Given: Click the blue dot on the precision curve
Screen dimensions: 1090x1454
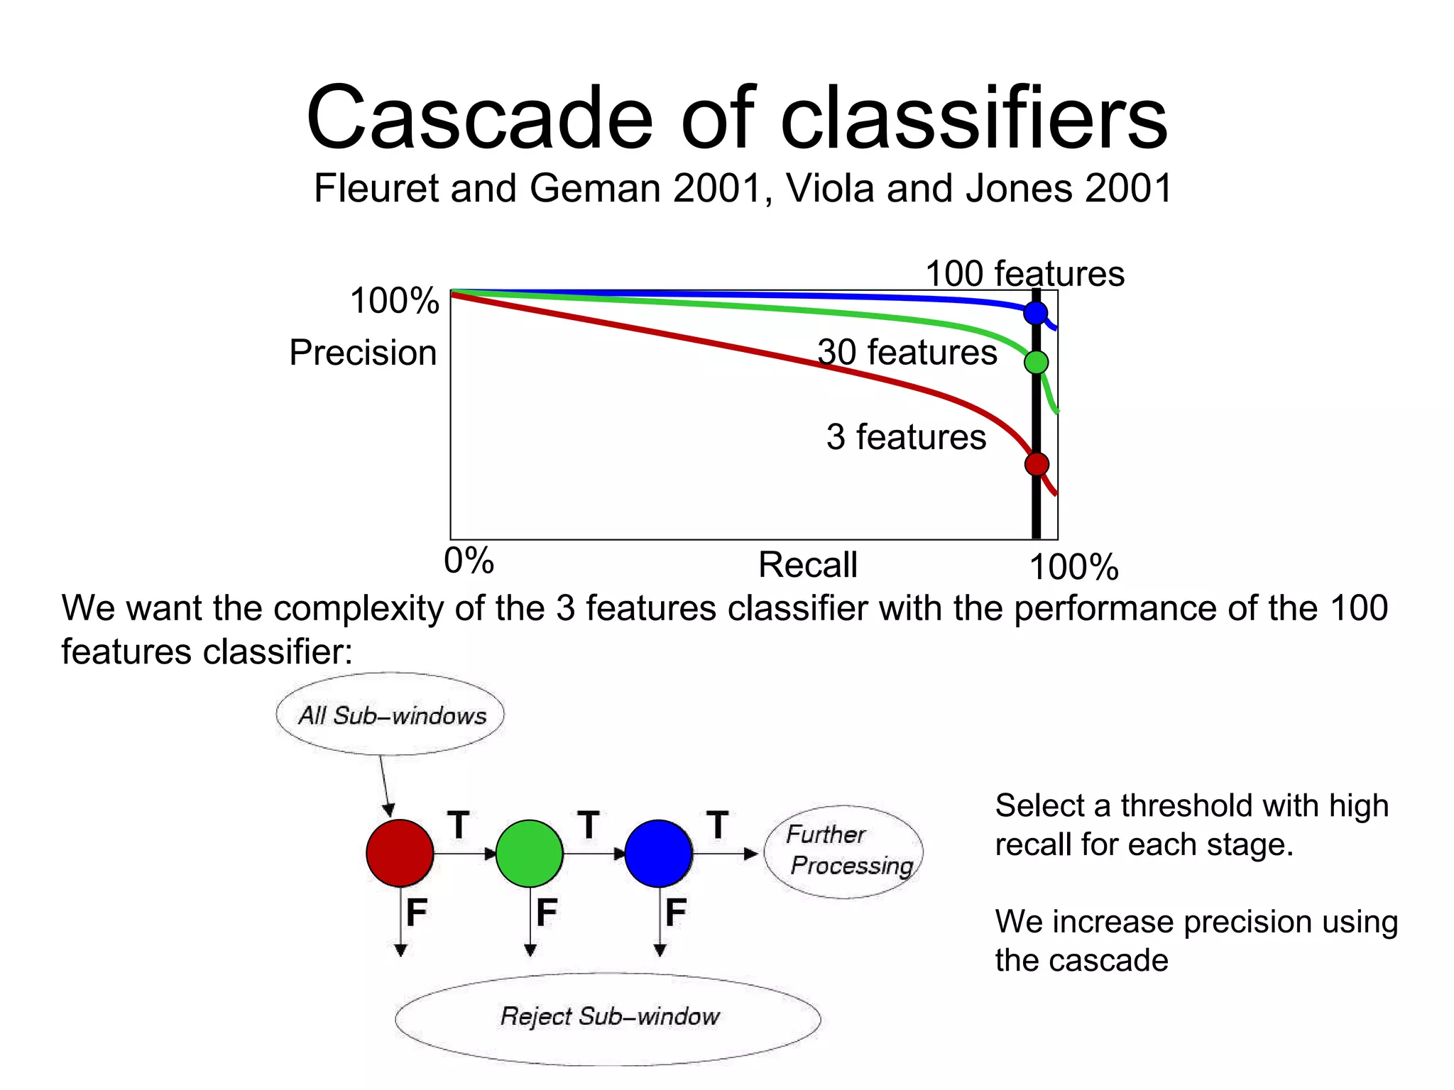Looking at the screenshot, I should pos(1036,312).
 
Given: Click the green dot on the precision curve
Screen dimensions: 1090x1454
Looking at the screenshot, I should pos(1037,363).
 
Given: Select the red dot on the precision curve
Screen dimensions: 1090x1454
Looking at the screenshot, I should pos(1037,464).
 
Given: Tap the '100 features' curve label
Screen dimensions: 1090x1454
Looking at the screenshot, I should pos(1024,274).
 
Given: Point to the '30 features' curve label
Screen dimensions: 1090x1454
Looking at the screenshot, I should pos(907,352).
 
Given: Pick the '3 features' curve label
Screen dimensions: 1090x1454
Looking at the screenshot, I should pos(906,436).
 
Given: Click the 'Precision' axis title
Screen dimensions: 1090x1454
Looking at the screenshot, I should pos(363,353).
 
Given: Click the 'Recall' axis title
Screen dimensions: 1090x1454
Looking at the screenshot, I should pos(808,565).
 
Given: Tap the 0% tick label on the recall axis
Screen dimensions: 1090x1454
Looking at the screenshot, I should pos(469,561).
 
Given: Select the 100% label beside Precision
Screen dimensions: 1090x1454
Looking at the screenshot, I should pos(395,301).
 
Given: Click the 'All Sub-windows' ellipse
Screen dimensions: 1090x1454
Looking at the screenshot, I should pos(390,715).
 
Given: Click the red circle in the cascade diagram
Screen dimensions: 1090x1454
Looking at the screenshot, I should pos(400,853).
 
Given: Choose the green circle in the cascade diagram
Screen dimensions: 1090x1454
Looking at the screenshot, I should pos(529,853).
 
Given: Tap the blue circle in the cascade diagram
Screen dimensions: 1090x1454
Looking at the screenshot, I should pos(658,853).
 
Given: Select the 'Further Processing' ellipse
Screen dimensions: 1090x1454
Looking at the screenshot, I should pos(843,851).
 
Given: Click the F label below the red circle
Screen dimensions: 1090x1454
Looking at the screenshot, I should pos(417,912).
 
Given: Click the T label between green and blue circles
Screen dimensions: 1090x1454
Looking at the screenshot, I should pos(589,825).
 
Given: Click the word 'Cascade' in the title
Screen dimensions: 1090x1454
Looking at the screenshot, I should pos(479,118).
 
